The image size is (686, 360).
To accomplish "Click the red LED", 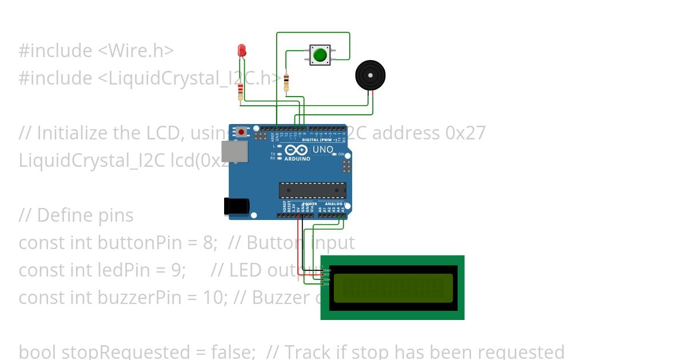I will point(242,50).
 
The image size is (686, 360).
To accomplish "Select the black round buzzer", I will point(370,75).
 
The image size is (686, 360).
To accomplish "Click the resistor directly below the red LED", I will point(241,90).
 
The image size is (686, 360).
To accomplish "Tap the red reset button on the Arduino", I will point(242,132).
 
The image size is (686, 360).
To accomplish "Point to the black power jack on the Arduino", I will point(236,206).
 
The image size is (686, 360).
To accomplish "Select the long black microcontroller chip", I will point(312,190).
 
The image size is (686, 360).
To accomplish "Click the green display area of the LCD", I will point(393,287).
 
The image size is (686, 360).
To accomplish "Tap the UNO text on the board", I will point(323,150).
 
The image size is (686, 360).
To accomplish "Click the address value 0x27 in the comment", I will point(466,133).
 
